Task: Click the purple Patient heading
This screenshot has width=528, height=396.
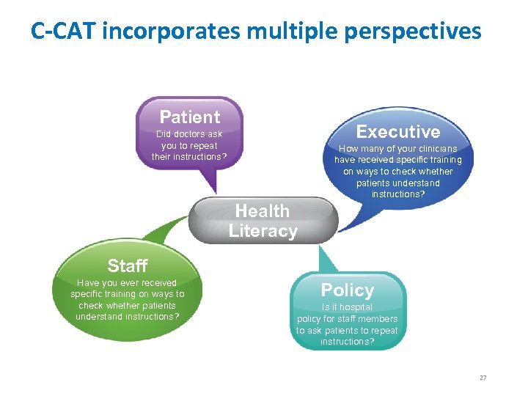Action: pyautogui.click(x=189, y=117)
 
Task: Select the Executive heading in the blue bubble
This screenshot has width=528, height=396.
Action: pyautogui.click(x=397, y=132)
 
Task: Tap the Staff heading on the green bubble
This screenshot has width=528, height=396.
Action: pyautogui.click(x=127, y=265)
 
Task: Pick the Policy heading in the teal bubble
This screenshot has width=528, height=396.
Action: pyautogui.click(x=347, y=290)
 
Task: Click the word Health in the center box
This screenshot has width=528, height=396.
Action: pyautogui.click(x=262, y=211)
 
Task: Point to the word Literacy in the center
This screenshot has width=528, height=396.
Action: pyautogui.click(x=263, y=231)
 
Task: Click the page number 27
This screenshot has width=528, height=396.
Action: pyautogui.click(x=483, y=378)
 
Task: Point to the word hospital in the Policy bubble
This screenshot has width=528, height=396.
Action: pyautogui.click(x=356, y=307)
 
